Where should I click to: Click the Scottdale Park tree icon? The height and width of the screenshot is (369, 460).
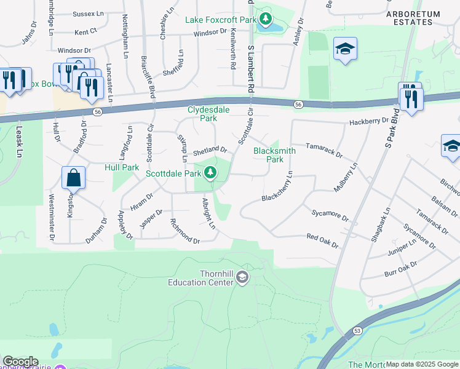pyautogui.click(x=210, y=173)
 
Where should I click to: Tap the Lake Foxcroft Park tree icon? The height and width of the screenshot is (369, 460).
pyautogui.click(x=264, y=19)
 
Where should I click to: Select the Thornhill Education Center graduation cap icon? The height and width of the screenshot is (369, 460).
pyautogui.click(x=242, y=278)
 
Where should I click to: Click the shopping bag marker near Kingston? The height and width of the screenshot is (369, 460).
pyautogui.click(x=73, y=178)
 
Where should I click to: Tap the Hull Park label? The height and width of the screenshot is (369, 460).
pyautogui.click(x=122, y=167)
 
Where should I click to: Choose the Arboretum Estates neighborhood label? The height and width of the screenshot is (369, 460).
pyautogui.click(x=413, y=18)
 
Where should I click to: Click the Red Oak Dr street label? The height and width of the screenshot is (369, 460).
pyautogui.click(x=322, y=240)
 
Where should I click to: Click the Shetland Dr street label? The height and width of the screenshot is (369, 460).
pyautogui.click(x=210, y=149)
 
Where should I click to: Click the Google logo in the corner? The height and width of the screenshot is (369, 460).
pyautogui.click(x=20, y=362)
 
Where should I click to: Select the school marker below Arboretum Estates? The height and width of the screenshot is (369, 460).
pyautogui.click(x=345, y=49)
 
